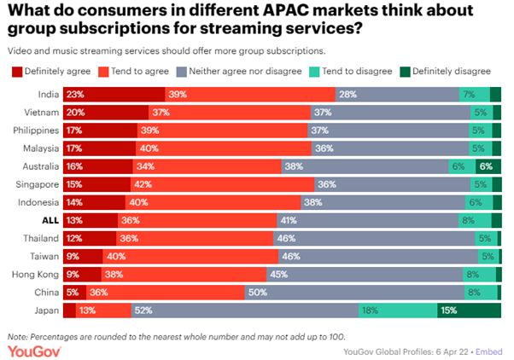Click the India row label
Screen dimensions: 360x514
(x=49, y=95)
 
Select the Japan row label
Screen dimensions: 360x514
(x=46, y=310)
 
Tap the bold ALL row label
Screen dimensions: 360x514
(x=50, y=220)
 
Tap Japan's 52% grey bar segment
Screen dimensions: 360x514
(x=243, y=310)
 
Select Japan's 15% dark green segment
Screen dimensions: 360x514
(x=469, y=310)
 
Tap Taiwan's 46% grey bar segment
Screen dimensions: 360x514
(x=375, y=256)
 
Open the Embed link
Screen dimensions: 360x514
(x=489, y=350)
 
